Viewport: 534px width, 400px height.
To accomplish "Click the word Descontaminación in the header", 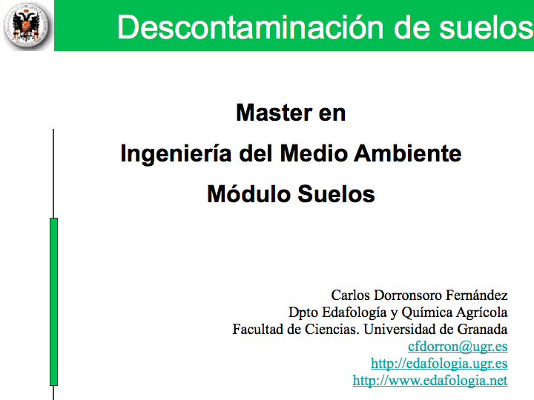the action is (x=251, y=27).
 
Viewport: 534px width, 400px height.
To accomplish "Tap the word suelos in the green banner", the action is (x=486, y=27).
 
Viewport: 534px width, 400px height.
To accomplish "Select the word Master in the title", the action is (x=274, y=113).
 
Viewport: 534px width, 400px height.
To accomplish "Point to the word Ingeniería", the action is (x=176, y=154).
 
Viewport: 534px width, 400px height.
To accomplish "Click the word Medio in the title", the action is (x=313, y=153).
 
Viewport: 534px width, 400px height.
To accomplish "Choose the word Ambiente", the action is (x=408, y=153).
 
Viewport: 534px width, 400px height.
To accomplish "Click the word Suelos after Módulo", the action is (x=336, y=194).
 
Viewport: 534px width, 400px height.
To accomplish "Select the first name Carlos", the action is (x=350, y=296).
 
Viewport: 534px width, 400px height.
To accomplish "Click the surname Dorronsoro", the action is (x=408, y=296).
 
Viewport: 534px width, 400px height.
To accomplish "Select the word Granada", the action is (x=482, y=329).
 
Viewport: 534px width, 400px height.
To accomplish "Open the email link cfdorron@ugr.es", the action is (x=458, y=347).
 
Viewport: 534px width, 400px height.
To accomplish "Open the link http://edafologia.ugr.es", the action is (x=439, y=364).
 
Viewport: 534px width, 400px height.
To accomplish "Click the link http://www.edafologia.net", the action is (x=430, y=381).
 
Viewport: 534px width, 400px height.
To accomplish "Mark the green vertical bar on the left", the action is (x=54, y=301).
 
